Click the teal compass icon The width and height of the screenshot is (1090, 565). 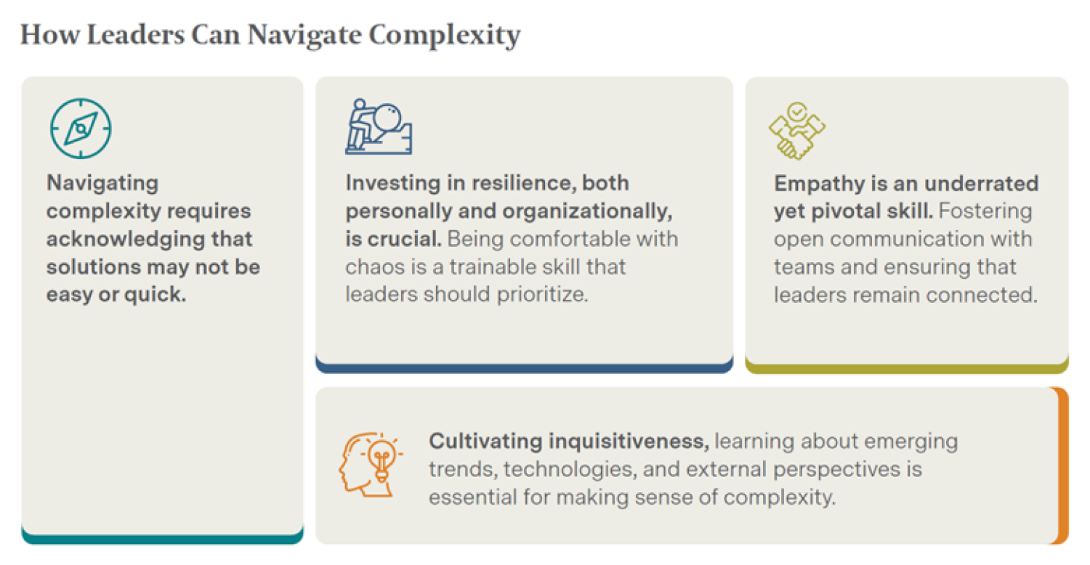click(81, 129)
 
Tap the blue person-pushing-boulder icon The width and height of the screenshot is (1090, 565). click(379, 126)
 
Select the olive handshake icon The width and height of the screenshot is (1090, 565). click(797, 130)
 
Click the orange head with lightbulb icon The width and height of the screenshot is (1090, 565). click(371, 465)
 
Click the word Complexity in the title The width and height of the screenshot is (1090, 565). click(445, 36)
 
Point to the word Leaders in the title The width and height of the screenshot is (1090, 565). click(136, 35)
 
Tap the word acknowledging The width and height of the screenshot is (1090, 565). click(126, 240)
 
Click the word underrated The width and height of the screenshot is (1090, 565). click(982, 183)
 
